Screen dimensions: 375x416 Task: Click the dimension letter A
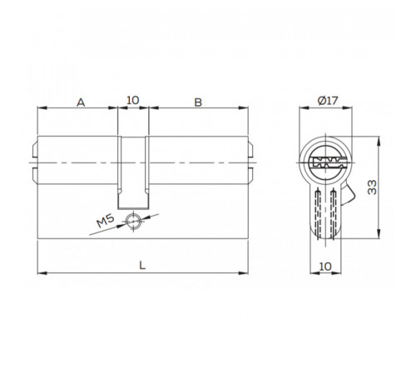81,102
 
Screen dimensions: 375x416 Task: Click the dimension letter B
198,102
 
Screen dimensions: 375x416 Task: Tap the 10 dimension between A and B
131,101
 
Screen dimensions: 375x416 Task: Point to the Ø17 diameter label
328,102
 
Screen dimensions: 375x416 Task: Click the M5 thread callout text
105,222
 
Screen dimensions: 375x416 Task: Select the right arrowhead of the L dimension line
247,272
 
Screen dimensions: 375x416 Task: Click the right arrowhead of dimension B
247,108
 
